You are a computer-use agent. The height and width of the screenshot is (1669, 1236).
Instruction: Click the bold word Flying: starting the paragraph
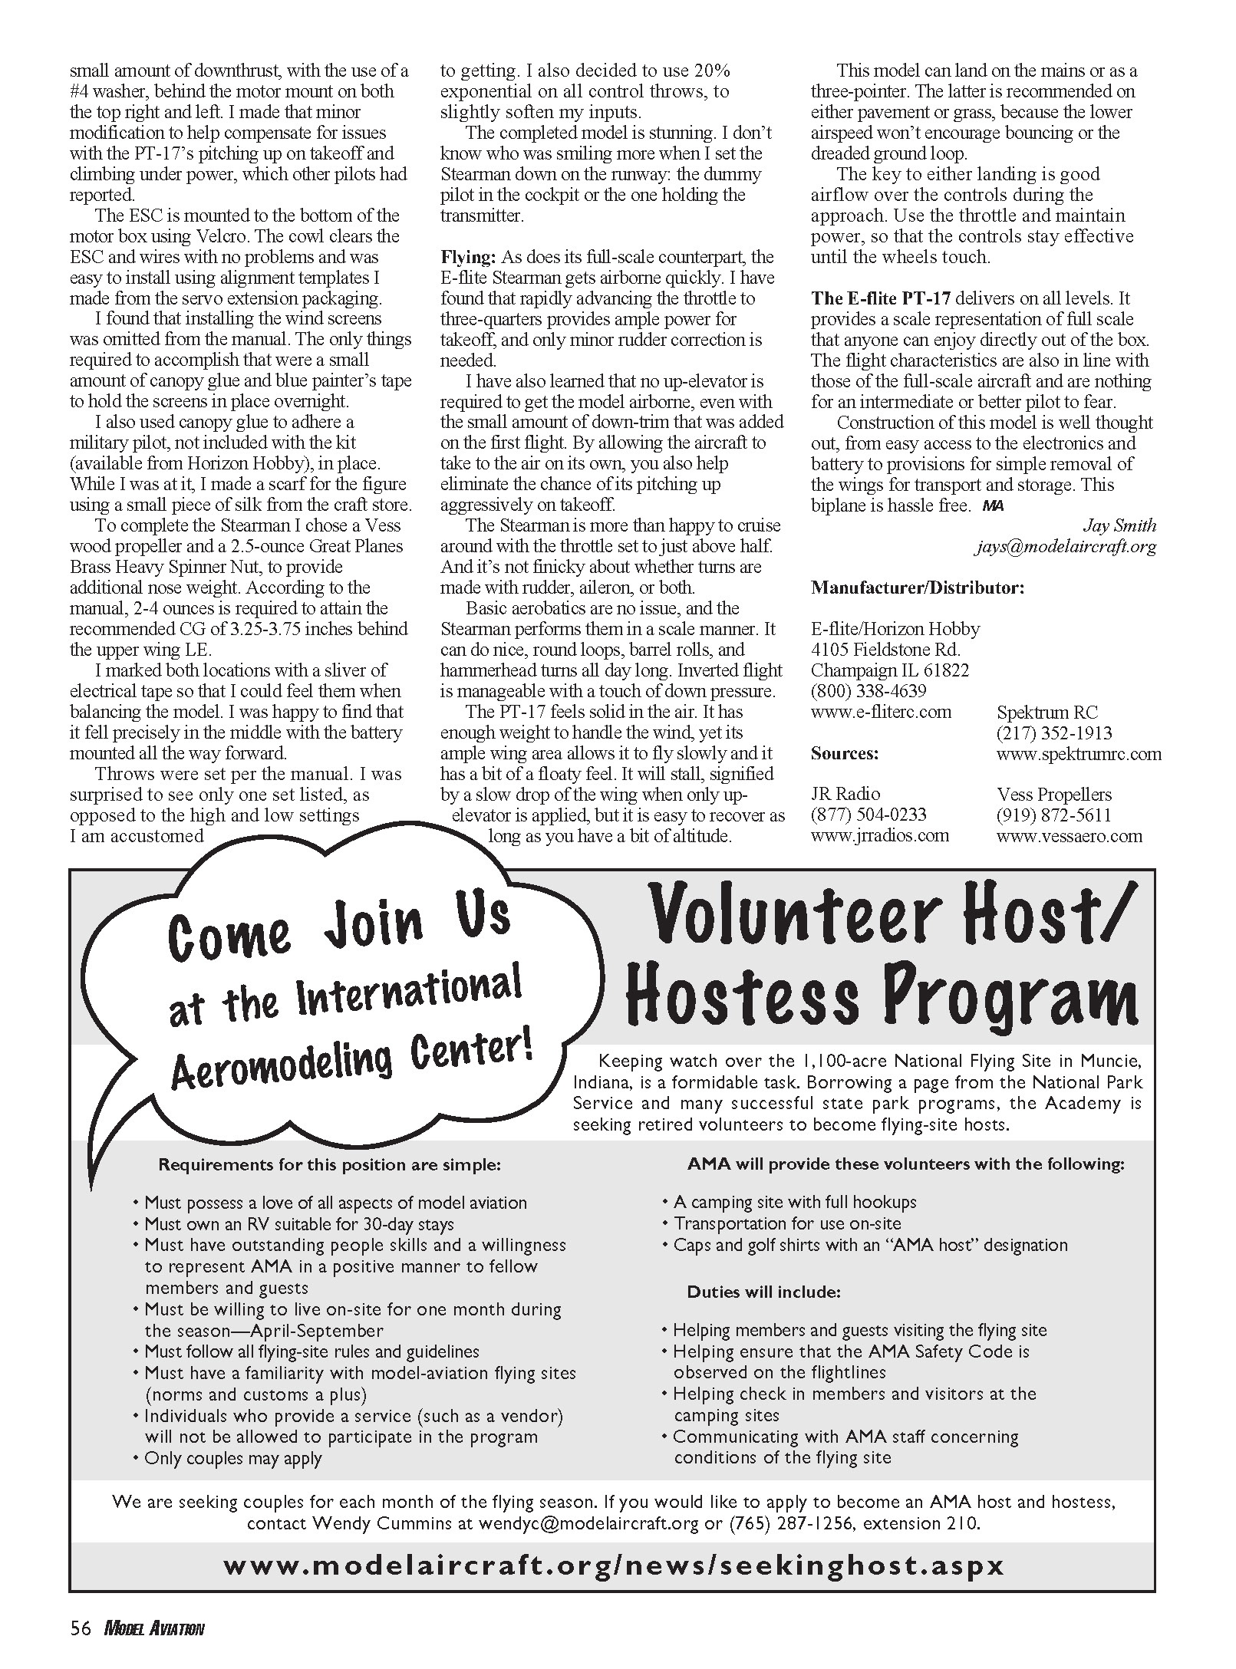469,257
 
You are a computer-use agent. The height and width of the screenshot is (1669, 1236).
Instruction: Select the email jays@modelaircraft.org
1066,547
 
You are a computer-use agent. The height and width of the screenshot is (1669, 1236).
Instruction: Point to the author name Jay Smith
1119,525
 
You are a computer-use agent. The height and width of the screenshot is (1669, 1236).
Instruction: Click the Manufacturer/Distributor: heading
918,588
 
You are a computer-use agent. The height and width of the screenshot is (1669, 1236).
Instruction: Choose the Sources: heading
845,753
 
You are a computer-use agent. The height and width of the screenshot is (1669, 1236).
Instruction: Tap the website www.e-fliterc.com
881,712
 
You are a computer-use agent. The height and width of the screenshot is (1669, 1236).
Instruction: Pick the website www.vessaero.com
1070,836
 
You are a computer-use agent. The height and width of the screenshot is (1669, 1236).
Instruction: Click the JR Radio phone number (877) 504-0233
868,815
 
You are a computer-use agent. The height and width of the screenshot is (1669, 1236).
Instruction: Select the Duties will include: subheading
763,1292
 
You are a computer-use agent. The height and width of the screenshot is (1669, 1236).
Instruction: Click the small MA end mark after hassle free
993,505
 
